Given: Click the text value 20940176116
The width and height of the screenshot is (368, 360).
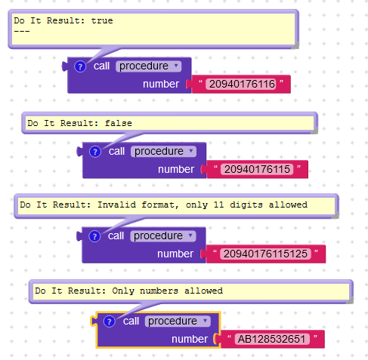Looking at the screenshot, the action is pos(242,84).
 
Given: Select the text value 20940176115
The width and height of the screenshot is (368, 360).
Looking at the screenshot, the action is pos(257,169).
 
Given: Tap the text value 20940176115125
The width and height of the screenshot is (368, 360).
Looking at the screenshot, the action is pos(265,254).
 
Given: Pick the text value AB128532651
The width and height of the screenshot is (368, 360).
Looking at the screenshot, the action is pos(272,339).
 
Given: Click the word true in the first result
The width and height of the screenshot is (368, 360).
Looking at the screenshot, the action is pos(102,20).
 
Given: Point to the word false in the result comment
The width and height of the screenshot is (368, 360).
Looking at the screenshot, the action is pos(119,123).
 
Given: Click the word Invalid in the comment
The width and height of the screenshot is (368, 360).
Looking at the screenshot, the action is pos(116,205).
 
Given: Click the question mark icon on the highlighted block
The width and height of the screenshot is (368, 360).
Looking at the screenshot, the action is pos(110,322).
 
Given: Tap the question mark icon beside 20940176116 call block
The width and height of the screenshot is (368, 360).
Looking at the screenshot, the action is pos(80,66).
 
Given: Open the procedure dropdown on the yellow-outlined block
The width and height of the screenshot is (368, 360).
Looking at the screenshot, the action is pos(178,322).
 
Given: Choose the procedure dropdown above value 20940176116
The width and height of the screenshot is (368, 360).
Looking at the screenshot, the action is pos(148,66).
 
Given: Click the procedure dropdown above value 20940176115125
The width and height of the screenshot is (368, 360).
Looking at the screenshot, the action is pos(162,236).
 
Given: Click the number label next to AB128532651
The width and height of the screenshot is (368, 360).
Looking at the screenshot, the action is pos(190,339).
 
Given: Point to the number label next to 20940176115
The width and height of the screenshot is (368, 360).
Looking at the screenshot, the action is pos(176,169).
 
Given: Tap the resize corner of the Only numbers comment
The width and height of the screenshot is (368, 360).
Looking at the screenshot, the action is pos(349,300).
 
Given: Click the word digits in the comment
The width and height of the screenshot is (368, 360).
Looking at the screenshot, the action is pos(246,205).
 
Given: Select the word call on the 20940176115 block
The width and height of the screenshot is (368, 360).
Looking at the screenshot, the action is pos(116,152).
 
